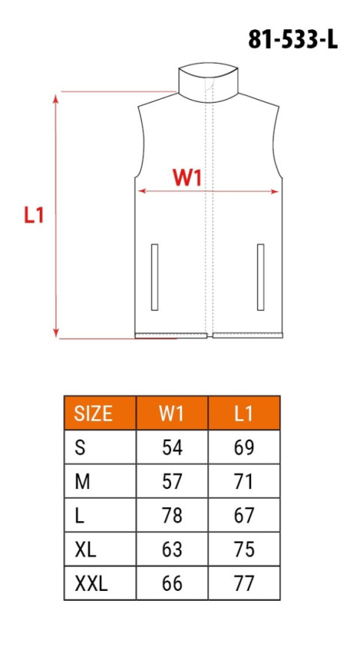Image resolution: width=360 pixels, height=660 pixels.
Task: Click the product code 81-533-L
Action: (293, 40)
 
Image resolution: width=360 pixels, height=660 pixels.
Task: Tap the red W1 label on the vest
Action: (187, 178)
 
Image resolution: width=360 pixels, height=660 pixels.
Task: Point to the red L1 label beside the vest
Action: (34, 215)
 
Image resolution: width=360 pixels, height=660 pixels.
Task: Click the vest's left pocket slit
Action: (154, 277)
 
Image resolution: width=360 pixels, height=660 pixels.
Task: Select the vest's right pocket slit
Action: (261, 277)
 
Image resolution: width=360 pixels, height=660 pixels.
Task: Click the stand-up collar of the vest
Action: (208, 82)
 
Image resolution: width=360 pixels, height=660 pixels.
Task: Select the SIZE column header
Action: (94, 413)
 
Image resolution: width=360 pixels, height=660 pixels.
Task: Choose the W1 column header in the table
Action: (172, 413)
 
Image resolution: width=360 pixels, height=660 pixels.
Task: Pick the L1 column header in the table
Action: (243, 413)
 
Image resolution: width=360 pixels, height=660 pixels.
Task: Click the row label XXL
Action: (91, 583)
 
